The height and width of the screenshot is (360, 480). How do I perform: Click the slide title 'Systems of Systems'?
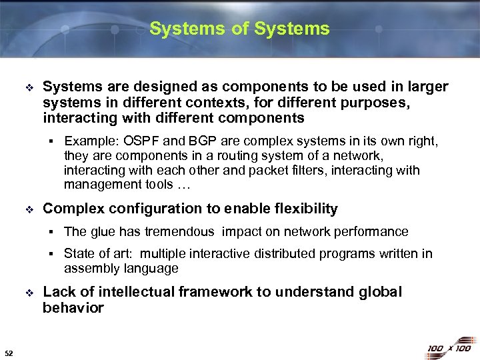pos(239,29)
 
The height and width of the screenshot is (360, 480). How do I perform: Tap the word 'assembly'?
pos(89,269)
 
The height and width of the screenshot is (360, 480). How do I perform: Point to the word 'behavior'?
pos(73,308)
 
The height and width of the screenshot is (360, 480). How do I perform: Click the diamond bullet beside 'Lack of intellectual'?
pos(28,293)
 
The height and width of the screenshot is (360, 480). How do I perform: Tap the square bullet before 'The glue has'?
pos(51,232)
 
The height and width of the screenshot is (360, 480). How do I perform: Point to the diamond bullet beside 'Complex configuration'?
pos(28,209)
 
